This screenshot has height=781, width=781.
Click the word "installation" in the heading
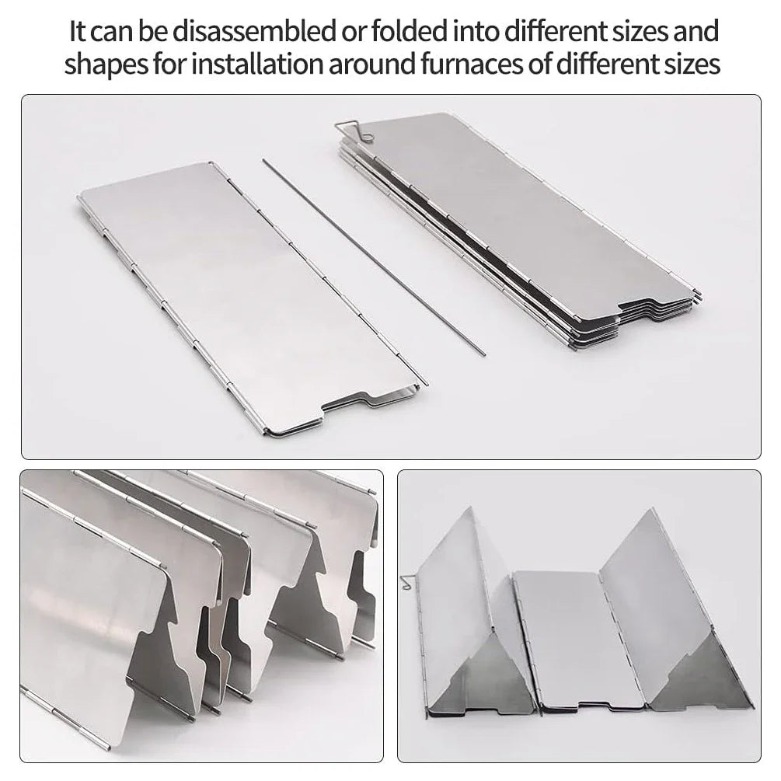255,65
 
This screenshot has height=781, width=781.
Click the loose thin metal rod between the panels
373,256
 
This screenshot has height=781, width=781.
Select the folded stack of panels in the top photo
517,225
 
